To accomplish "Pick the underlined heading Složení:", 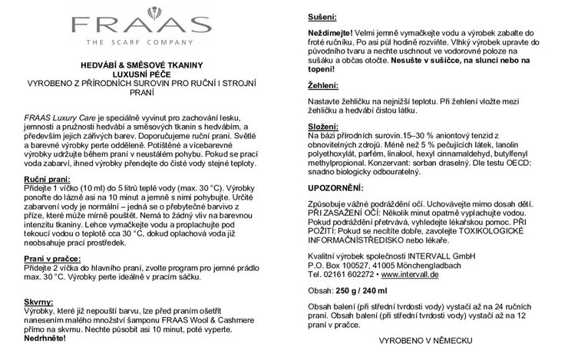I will tap(325, 124).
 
